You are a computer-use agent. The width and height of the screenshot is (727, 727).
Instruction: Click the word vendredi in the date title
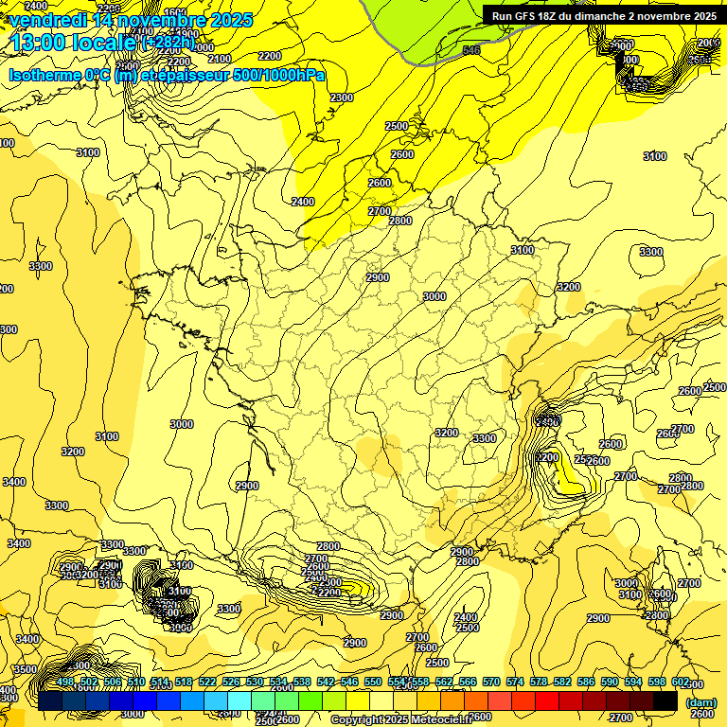pos(46,20)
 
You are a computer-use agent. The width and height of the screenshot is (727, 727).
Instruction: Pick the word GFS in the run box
pos(530,16)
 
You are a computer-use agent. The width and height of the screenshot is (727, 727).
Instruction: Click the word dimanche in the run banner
pos(615,16)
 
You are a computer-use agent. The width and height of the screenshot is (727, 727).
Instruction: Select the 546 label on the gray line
pos(470,49)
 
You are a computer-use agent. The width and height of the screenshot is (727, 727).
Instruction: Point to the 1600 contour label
pos(176,12)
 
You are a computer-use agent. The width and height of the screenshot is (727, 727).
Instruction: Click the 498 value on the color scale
pos(65,682)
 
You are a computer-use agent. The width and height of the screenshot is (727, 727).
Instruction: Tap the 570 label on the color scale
pos(491,682)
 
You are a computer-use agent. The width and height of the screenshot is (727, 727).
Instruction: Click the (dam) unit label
pos(701,701)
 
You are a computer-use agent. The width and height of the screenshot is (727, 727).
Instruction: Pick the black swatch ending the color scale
pos(665,700)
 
